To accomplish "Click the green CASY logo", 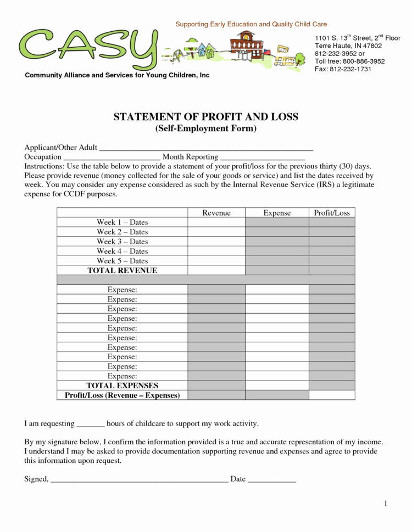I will tap(88, 47).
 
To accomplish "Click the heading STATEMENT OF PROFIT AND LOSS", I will tap(205, 117).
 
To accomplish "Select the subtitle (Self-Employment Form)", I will tap(205, 128).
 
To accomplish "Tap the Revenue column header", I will tap(216, 213).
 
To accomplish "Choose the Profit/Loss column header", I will tap(331, 213).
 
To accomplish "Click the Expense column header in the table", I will tap(277, 213).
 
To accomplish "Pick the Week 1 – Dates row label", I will tap(122, 222).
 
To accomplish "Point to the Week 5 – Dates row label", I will tap(122, 261).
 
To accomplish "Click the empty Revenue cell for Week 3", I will tap(216, 241).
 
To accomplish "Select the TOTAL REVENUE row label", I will tap(122, 270).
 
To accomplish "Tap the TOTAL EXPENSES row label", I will tap(122, 386).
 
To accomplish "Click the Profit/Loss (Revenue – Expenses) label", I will tap(122, 395).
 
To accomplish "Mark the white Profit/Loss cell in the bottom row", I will tap(331, 395).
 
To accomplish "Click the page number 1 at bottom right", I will tap(386, 503).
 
